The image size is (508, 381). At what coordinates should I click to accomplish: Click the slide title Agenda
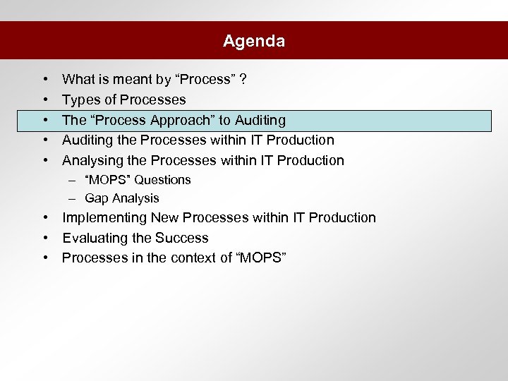[254, 41]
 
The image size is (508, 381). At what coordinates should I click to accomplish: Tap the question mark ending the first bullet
[243, 80]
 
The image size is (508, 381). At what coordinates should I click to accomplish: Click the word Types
[80, 100]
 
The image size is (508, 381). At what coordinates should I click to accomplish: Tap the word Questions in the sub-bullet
[163, 180]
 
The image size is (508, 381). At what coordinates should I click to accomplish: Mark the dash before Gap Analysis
[73, 199]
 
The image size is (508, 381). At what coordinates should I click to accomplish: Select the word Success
[183, 238]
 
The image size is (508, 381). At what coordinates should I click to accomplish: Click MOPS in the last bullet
[260, 258]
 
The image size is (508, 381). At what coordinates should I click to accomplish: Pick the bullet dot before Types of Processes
[44, 100]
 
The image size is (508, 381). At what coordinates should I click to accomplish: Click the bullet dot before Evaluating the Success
[44, 238]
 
